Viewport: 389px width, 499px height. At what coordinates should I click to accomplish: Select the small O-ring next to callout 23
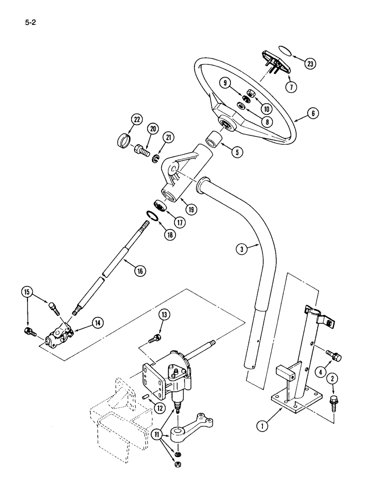tap(285, 51)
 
